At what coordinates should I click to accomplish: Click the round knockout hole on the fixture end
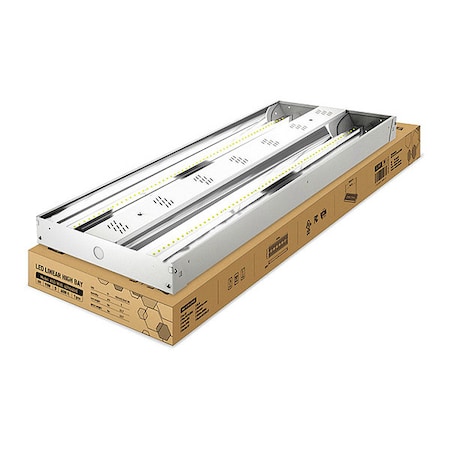pyautogui.click(x=98, y=253)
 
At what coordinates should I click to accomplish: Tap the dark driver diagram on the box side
pyautogui.click(x=276, y=243)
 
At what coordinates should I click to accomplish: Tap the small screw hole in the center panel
pyautogui.click(x=152, y=211)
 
